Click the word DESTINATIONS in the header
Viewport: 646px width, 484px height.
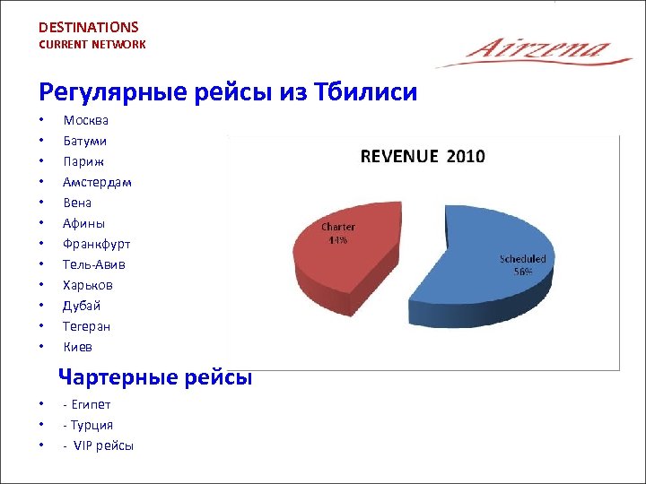click(89, 27)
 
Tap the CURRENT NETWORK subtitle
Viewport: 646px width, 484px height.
click(92, 44)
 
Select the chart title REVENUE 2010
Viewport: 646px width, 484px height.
click(422, 156)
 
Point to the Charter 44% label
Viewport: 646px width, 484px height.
click(338, 233)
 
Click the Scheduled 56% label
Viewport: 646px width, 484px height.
click(522, 264)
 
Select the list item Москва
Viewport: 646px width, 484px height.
click(86, 120)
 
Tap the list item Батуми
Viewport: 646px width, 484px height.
click(85, 141)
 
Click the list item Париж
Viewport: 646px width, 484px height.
click(83, 161)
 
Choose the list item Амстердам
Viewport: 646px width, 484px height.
click(97, 182)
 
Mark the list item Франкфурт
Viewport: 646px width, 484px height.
click(96, 244)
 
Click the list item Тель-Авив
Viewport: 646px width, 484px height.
click(94, 264)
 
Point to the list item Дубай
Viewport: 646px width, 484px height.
click(82, 306)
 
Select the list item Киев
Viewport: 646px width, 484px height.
click(77, 347)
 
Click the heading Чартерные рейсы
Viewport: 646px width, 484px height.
click(155, 377)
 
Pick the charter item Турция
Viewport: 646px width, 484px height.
click(91, 425)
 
